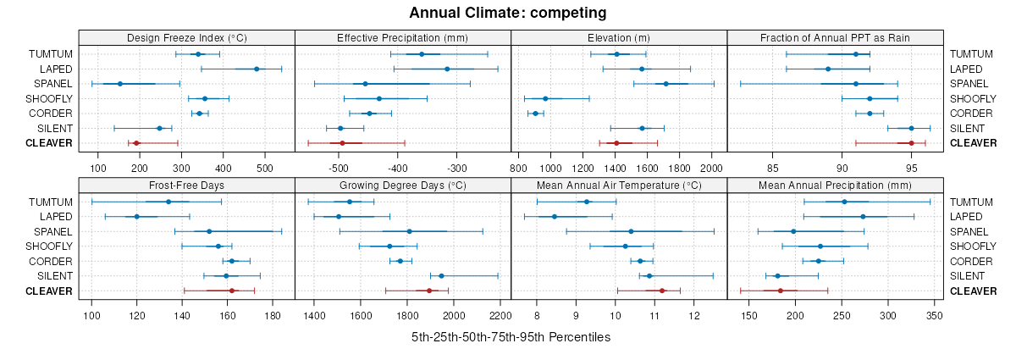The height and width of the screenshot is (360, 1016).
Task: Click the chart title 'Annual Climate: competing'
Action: (507, 13)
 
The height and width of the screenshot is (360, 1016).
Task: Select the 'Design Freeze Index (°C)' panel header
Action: (186, 37)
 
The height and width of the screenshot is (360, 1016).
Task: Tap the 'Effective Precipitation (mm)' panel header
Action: (402, 37)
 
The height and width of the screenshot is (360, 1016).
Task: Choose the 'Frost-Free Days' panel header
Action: (186, 185)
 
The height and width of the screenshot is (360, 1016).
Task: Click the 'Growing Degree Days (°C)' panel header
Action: (402, 185)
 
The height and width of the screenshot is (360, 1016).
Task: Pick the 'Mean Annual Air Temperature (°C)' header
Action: (619, 185)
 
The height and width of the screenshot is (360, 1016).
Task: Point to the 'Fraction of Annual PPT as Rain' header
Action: (835, 37)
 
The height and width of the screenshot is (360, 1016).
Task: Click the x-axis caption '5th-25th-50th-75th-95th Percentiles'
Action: (511, 337)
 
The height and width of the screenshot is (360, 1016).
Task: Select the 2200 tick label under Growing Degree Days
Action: (500, 316)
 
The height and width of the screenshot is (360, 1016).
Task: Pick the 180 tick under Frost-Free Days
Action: (273, 316)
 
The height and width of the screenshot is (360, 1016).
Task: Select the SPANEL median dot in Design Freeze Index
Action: (119, 84)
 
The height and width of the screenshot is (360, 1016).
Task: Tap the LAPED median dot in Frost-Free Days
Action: (136, 217)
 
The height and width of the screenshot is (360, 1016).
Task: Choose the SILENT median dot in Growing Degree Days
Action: (441, 276)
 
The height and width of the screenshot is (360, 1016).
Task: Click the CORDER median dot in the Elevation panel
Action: (535, 114)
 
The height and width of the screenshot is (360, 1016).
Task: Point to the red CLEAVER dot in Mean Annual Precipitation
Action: (781, 291)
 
